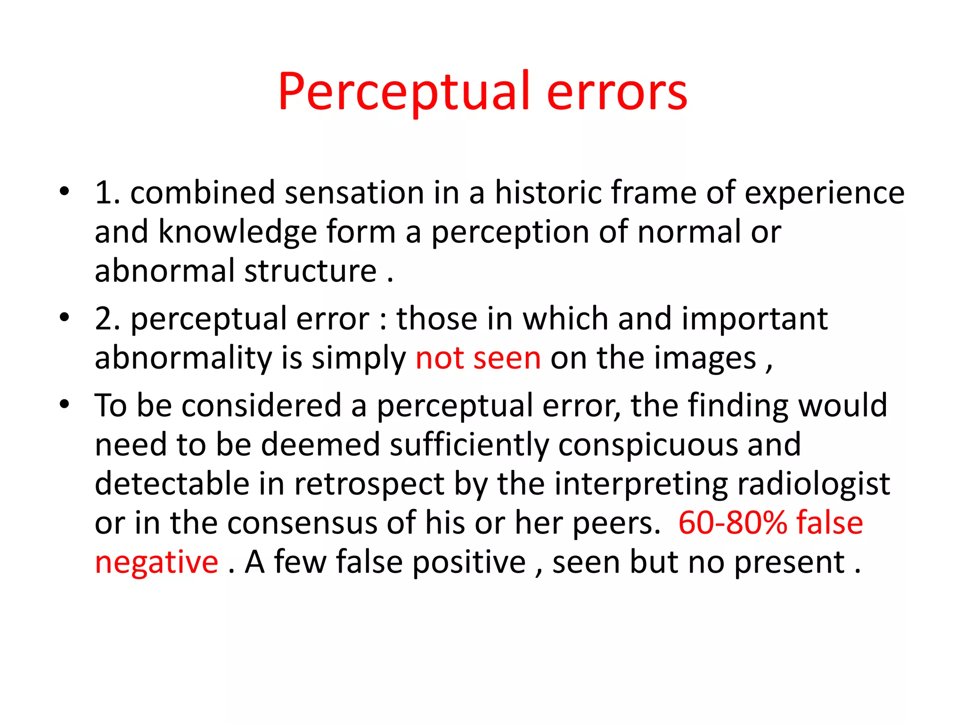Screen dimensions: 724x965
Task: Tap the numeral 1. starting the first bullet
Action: [107, 193]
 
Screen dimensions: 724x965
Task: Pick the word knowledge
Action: [237, 232]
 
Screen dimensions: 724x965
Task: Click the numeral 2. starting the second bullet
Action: [107, 319]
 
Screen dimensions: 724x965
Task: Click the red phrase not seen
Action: [478, 358]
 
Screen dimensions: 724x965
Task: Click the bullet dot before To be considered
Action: [65, 404]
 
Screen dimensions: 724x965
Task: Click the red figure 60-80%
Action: [732, 523]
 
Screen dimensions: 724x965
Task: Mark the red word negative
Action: [156, 563]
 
